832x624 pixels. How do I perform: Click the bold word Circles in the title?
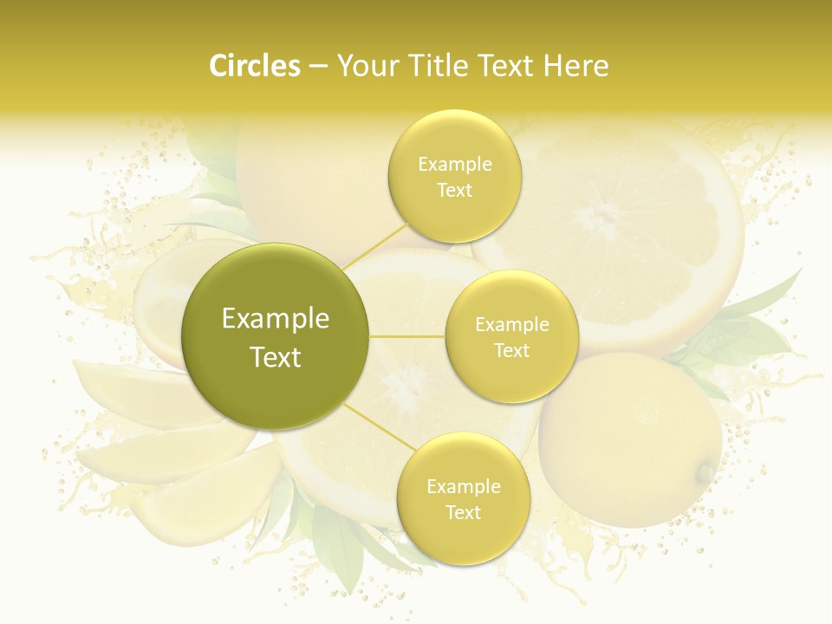[x=254, y=66]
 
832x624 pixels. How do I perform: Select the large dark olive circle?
[x=275, y=336]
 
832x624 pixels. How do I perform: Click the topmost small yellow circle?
[x=454, y=176]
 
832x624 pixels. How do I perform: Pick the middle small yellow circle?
[x=511, y=336]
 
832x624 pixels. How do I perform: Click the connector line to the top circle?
[x=374, y=244]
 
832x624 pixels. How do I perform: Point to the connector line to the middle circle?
[x=407, y=336]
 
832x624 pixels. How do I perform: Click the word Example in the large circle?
[x=275, y=319]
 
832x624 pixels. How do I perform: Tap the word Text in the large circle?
[x=275, y=357]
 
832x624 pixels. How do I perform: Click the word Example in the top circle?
[x=454, y=164]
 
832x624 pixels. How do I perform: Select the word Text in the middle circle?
[x=511, y=350]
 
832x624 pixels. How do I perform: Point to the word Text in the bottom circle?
[x=463, y=512]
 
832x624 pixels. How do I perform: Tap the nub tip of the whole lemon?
[x=707, y=472]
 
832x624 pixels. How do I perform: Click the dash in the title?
[x=317, y=67]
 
